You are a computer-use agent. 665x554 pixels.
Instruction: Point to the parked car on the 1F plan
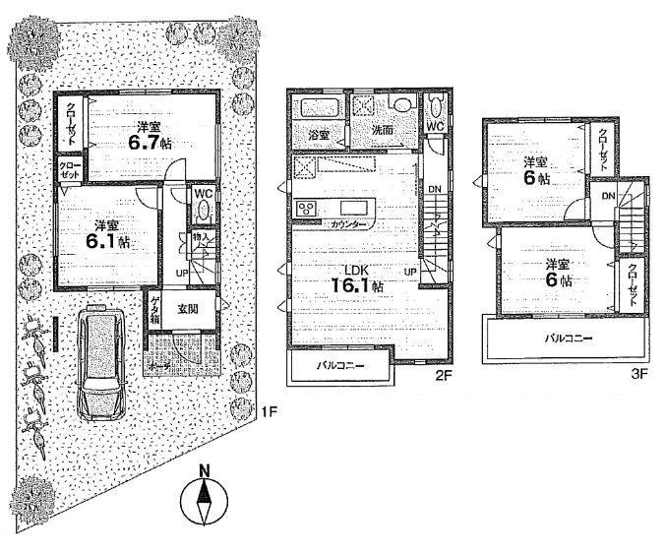point(98,364)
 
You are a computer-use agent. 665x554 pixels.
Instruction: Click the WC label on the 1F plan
point(203,195)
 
